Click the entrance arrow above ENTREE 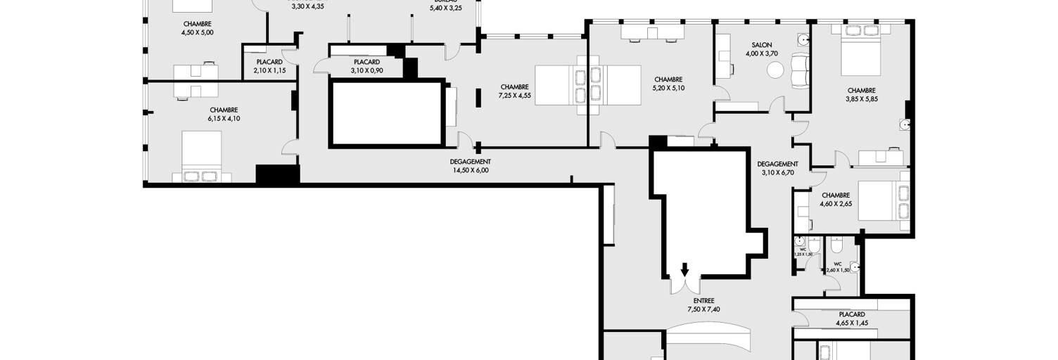pos(684,269)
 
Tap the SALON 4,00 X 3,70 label pos(763,49)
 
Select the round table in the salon pos(775,70)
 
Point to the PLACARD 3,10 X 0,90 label pos(367,66)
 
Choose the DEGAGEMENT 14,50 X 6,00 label pos(469,165)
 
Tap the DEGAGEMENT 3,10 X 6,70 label pos(779,167)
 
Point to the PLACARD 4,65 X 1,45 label pos(852,319)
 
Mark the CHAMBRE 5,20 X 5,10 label pos(668,84)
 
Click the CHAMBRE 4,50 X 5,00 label pos(197,28)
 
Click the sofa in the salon pos(801,71)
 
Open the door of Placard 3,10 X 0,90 pos(321,65)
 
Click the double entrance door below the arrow pos(684,285)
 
